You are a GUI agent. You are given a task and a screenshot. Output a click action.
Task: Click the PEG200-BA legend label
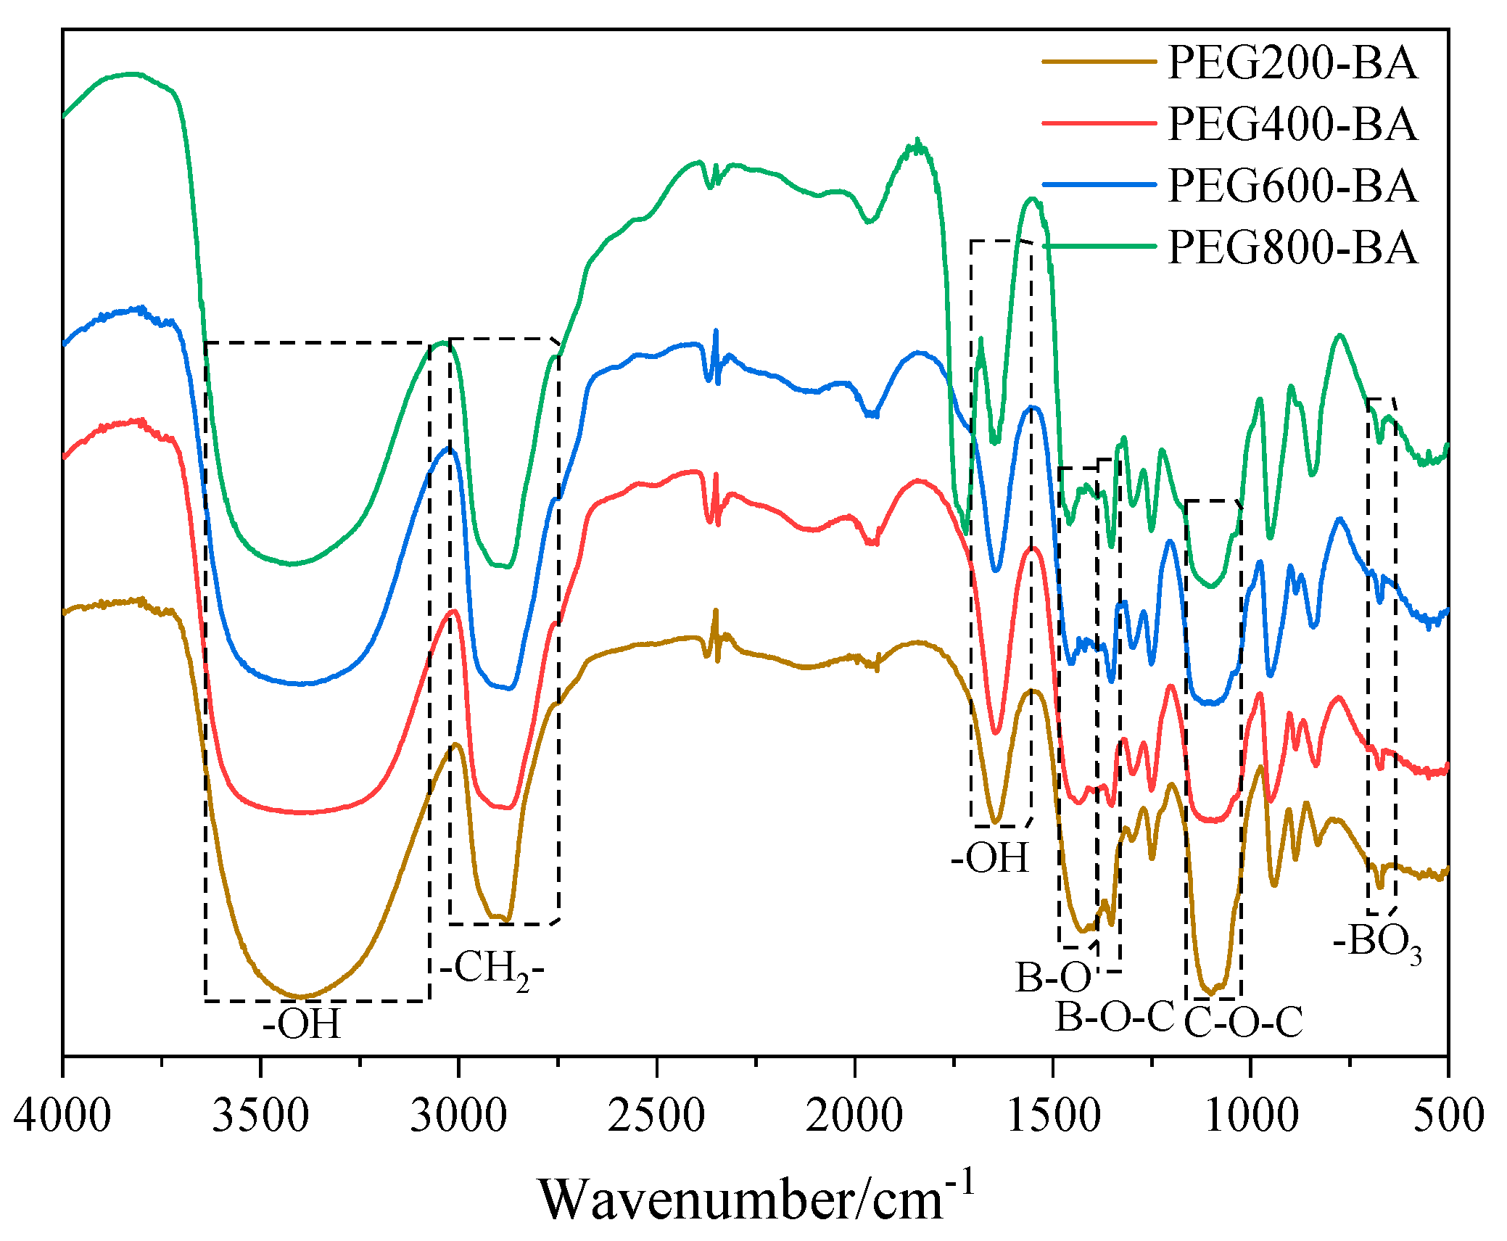coord(1292,62)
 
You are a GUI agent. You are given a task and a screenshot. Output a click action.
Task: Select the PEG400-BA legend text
coord(1292,124)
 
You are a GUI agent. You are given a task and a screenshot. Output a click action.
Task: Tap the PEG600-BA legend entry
coord(1292,186)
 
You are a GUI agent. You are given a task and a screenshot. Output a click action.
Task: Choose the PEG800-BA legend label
coord(1292,248)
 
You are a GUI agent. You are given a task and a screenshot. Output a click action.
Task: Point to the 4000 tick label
coord(62,1115)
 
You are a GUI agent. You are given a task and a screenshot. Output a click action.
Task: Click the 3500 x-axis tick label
coord(260,1115)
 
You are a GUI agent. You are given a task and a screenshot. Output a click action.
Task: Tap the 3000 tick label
coord(458,1115)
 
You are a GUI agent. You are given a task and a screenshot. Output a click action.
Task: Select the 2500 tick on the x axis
coord(656,1115)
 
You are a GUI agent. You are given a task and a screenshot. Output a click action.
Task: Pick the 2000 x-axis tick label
coord(854,1115)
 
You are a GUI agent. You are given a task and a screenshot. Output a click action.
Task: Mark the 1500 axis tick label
coord(1053,1115)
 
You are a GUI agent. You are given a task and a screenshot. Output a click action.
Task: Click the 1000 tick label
coord(1251,1115)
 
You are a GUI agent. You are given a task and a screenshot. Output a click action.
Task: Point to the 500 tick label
coord(1448,1115)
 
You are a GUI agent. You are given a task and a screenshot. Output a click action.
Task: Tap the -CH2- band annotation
coord(492,970)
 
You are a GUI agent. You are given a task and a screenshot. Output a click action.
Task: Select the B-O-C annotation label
coord(1114,1017)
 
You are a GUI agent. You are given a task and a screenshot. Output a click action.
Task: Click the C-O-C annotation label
coord(1243,1023)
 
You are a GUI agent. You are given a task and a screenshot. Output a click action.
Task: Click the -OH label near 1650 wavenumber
coord(990,858)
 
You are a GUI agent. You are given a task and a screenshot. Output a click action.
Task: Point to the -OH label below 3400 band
coord(302,1025)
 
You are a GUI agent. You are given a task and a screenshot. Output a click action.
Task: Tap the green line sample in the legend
coord(1099,247)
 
